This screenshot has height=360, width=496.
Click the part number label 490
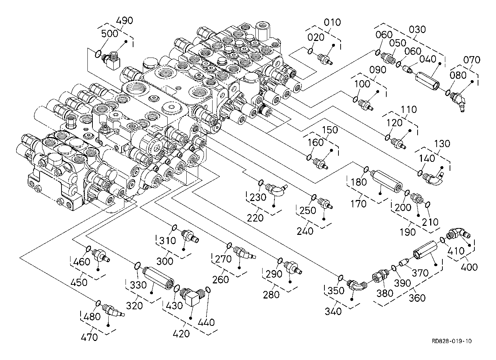[124, 20]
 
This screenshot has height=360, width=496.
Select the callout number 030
[417, 29]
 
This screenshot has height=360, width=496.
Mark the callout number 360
[417, 298]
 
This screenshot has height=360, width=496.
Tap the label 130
[442, 143]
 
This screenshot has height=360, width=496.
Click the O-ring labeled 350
[340, 278]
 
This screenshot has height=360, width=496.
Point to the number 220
[255, 218]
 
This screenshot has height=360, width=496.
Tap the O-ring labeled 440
[208, 290]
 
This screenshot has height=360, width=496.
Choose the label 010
[332, 22]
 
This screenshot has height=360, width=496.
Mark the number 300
[165, 261]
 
